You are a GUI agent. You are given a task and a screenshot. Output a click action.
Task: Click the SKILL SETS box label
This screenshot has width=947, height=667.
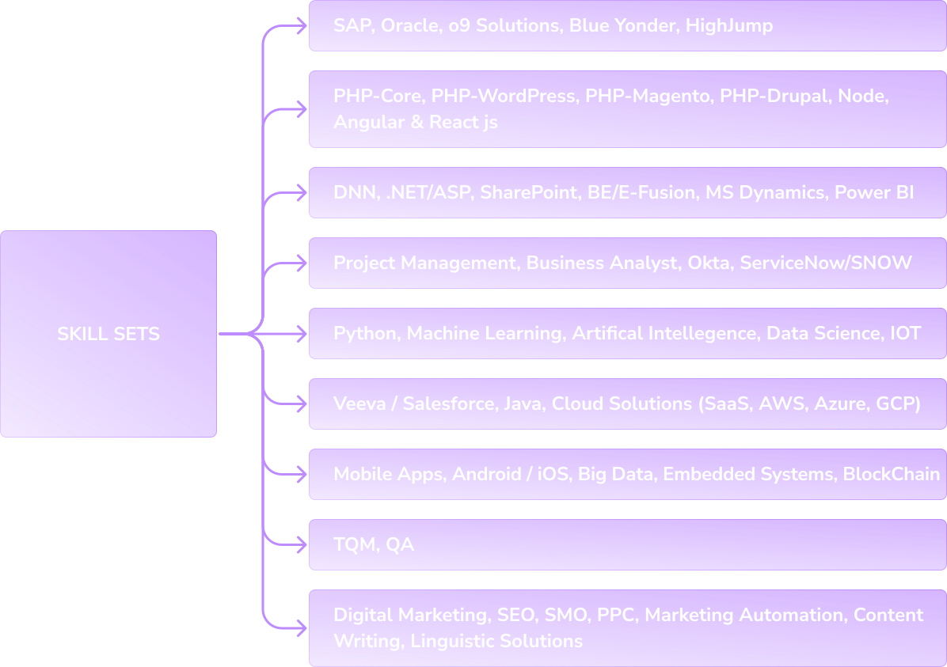(108, 334)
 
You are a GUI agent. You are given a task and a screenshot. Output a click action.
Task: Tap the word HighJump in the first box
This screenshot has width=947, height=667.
(729, 26)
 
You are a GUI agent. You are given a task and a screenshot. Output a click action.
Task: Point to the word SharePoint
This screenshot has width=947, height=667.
(529, 192)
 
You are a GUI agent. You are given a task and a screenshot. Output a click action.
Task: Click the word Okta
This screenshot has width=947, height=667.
(709, 263)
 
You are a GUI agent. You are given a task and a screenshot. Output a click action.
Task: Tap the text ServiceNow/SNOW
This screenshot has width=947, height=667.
(826, 263)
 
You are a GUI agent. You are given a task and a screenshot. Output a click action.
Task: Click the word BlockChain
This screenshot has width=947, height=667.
(891, 474)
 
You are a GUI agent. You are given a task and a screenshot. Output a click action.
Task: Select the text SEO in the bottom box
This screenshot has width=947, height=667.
(515, 615)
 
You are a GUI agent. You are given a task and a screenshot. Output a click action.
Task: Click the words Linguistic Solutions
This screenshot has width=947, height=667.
(496, 641)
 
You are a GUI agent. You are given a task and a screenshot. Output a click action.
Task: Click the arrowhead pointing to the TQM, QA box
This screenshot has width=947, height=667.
(301, 544)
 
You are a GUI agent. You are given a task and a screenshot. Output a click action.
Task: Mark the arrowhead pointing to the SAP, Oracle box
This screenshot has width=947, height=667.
(301, 26)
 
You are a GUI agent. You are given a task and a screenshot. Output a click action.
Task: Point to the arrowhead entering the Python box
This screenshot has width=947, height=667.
(301, 334)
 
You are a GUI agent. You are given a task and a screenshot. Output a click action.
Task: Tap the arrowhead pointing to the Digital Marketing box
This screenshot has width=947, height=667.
(301, 628)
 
